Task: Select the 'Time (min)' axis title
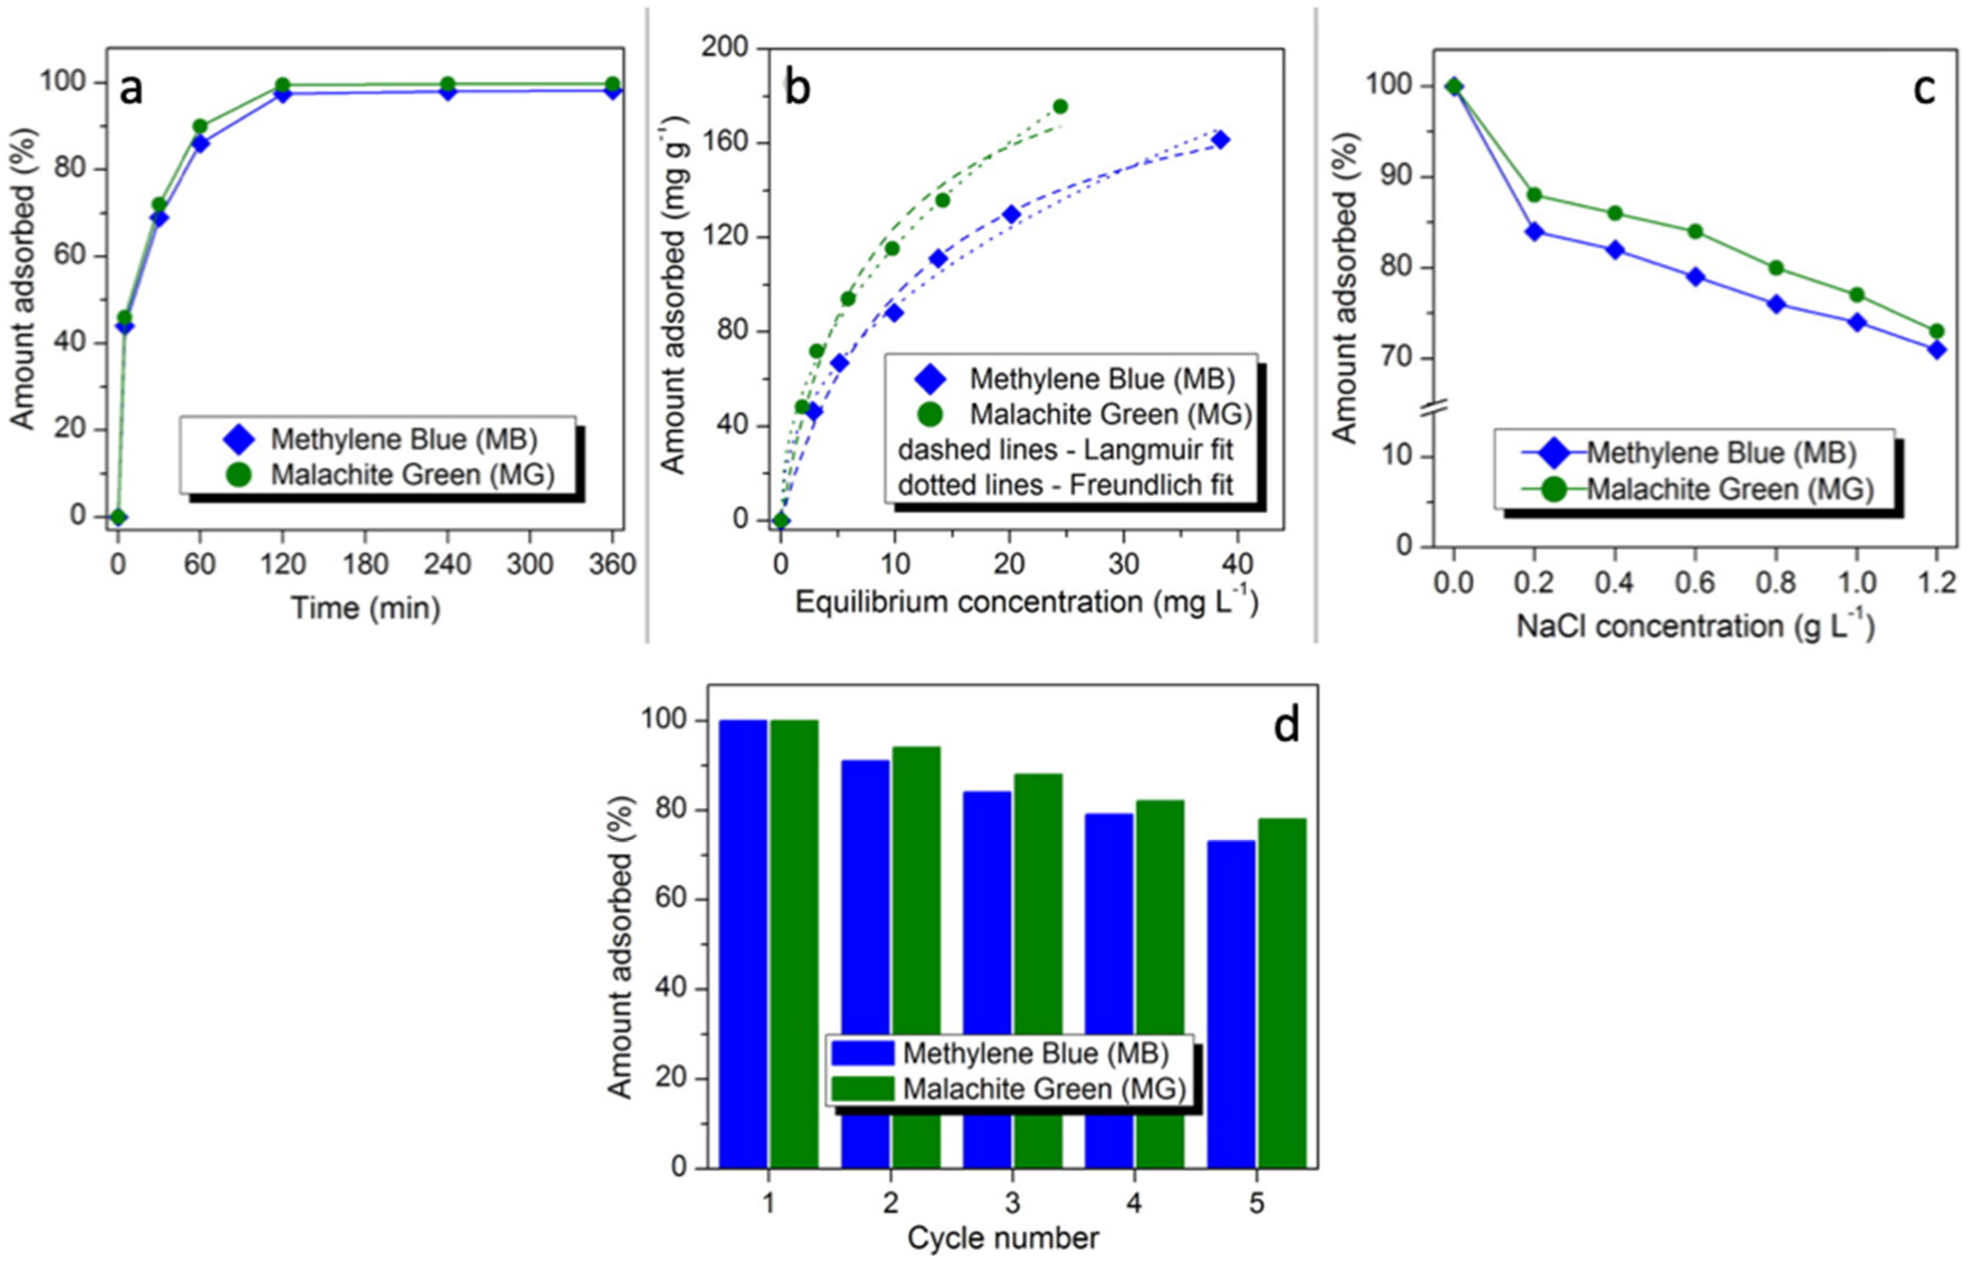[366, 609]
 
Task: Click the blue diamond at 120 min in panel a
[283, 94]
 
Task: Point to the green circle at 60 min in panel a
[200, 126]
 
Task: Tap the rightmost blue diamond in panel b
[1221, 140]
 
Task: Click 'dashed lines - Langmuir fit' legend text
[1066, 450]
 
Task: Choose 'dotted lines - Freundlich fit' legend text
[1066, 485]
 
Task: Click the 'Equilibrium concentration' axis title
[1026, 602]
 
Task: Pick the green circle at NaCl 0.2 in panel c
[1533, 195]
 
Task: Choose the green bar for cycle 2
[916, 957]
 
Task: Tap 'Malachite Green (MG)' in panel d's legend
[1044, 1089]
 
